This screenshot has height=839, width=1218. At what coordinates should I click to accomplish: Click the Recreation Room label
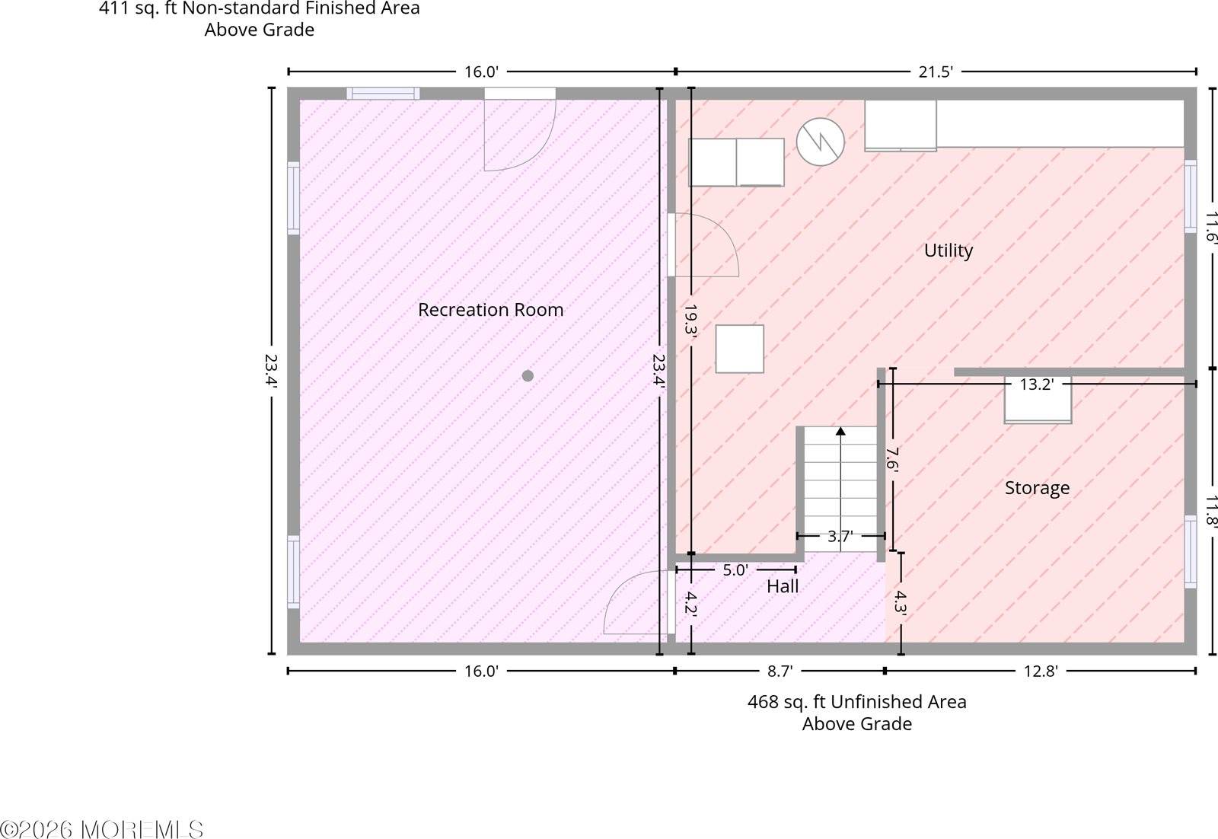pos(490,310)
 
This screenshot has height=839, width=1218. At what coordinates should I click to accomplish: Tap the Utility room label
pos(949,250)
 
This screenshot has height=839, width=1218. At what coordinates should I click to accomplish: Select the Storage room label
pos(1037,488)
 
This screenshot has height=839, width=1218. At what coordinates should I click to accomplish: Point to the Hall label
pos(783,586)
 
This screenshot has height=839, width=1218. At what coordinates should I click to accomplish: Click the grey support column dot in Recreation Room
pos(528,376)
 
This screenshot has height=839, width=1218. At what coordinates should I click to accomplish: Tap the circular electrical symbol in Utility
pos(821,142)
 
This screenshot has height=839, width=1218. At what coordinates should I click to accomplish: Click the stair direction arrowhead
pos(840,431)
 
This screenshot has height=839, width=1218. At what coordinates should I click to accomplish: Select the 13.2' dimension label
pos(1036,384)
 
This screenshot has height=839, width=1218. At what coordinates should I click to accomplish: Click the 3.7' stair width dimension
pos(840,537)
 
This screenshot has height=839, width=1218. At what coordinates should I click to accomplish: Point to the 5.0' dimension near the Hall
pos(735,569)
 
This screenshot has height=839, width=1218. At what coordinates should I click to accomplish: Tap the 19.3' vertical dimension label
pos(690,320)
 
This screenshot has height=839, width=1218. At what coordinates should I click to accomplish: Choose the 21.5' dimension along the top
pos(936,72)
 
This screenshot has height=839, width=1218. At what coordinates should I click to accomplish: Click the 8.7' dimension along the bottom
pos(780,671)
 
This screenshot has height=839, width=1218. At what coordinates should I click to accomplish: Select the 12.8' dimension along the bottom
pos(1040,671)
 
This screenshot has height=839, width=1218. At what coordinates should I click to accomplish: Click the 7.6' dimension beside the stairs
pos(891,458)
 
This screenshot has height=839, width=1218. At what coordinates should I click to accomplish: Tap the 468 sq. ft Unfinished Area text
pos(857,702)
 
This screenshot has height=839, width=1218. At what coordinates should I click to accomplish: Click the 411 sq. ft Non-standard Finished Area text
pos(260,8)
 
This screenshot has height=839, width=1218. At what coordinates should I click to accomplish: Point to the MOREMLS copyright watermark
pos(102,830)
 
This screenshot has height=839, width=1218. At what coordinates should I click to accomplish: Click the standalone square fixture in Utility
pos(739,349)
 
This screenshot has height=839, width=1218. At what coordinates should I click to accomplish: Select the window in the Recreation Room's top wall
pos(384,94)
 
